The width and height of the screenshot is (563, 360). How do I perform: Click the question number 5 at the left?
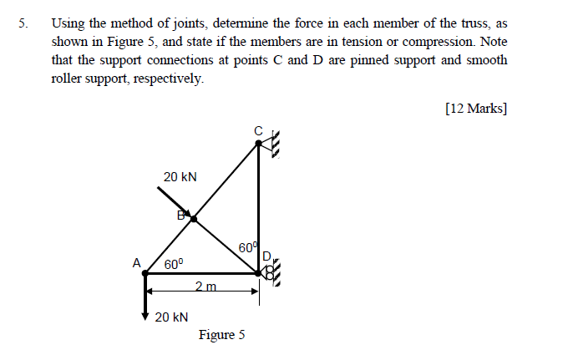coord(23,24)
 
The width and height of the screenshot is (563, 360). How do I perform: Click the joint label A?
coord(136,261)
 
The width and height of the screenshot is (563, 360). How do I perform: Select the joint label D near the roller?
coord(266,255)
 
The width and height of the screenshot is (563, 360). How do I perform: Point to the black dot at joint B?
coord(194,219)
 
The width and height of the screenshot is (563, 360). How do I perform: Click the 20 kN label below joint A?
coord(172,317)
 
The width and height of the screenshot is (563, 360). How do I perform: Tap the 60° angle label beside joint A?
coord(174,263)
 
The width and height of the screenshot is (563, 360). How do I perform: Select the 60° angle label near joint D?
coord(248,248)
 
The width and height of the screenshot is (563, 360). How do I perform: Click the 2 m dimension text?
coord(205,286)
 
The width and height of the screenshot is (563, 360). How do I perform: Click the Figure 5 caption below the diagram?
coord(221,335)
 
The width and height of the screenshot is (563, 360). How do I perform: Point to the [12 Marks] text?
coord(476,109)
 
